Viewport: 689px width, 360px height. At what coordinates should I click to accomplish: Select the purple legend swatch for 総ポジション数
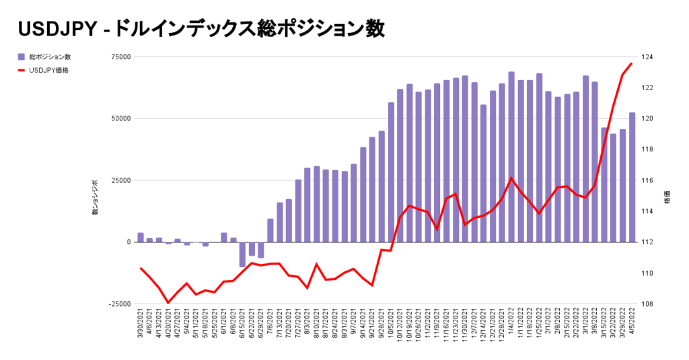pos(22,57)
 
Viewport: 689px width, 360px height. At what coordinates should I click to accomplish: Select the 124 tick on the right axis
pos(651,57)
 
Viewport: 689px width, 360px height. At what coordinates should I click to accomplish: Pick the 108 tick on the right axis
pos(651,304)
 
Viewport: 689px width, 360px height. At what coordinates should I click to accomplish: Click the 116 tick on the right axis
pos(651,180)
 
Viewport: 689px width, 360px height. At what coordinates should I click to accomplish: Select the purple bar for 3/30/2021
pos(141,238)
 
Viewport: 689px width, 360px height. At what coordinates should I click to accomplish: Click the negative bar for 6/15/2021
pos(242,254)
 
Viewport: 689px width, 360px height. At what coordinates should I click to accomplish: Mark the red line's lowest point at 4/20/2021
pos(168,303)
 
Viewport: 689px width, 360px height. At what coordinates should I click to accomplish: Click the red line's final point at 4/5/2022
pos(631,63)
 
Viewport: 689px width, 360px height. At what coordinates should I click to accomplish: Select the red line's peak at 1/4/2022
pos(511,178)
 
